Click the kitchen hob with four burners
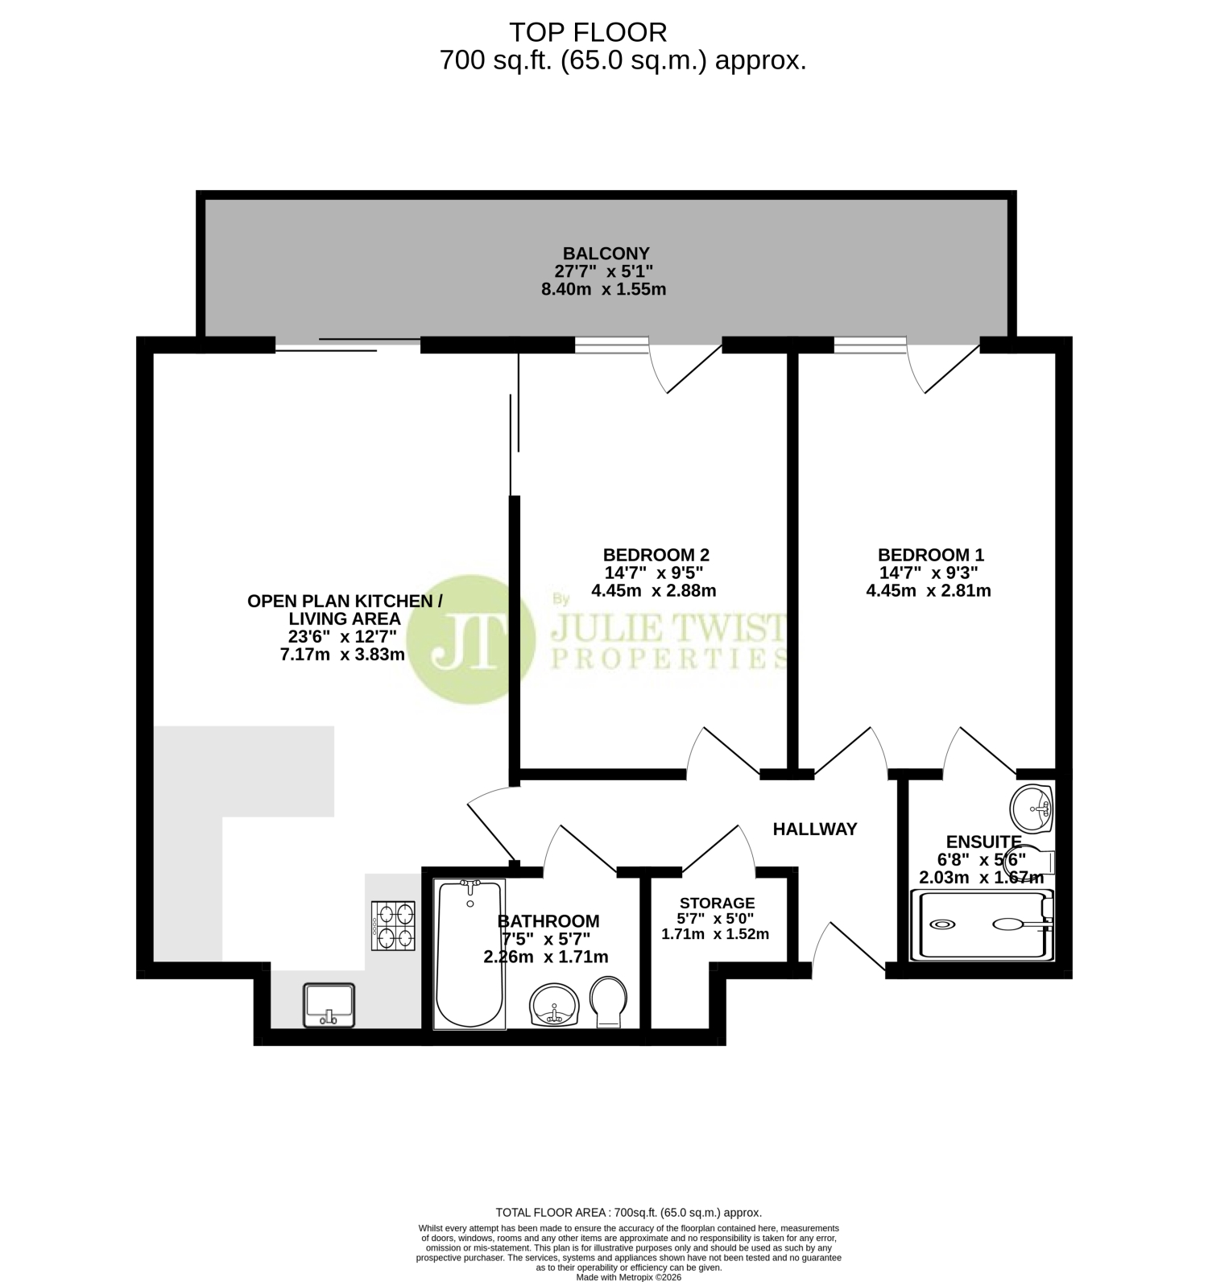click(x=393, y=926)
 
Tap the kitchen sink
click(x=329, y=1005)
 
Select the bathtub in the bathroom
click(x=470, y=953)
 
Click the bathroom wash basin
click(x=554, y=1005)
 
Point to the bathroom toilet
click(x=610, y=1003)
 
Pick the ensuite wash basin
click(x=1032, y=808)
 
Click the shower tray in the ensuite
click(x=982, y=924)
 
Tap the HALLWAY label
click(x=815, y=829)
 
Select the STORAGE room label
click(x=717, y=903)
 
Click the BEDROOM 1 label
click(x=931, y=555)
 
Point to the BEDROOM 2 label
click(x=656, y=555)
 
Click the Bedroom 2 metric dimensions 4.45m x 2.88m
click(x=654, y=590)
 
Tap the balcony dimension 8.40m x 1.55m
click(x=604, y=289)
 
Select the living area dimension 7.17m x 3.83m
click(x=342, y=655)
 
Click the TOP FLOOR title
click(x=589, y=32)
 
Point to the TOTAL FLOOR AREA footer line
click(x=629, y=1212)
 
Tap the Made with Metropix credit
click(x=629, y=1276)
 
